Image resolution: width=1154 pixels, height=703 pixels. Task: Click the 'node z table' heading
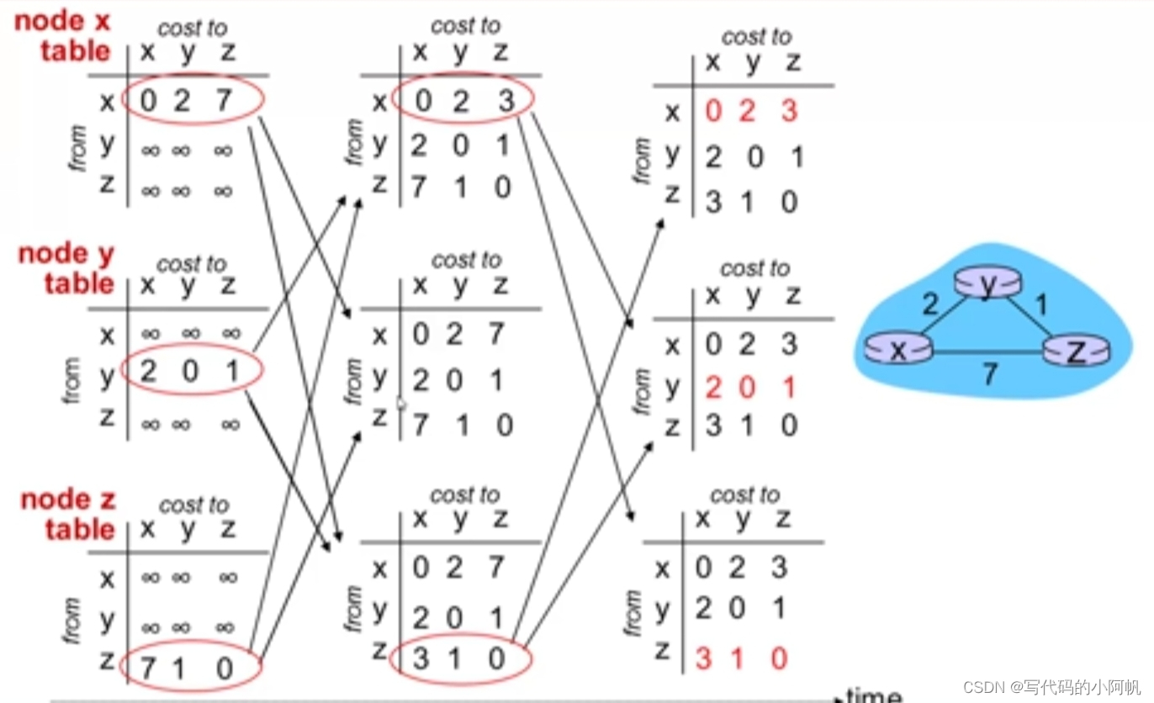tap(67, 514)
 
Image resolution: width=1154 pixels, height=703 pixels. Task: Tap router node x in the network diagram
tap(898, 348)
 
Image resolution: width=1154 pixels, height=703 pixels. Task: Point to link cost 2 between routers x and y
tap(929, 304)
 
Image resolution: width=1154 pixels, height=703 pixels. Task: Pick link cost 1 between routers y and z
tap(1041, 304)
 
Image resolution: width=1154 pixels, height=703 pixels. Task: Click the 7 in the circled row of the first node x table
tap(223, 101)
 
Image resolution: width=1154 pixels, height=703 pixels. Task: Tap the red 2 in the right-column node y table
tap(713, 388)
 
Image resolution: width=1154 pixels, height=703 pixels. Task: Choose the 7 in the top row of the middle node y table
tap(497, 334)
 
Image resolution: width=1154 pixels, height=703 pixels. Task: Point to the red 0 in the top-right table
tap(713, 111)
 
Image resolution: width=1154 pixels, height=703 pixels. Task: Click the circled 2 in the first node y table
tap(149, 371)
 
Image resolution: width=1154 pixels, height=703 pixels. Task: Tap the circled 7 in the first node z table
tap(149, 669)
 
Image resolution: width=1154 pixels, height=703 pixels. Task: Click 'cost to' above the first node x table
tap(193, 28)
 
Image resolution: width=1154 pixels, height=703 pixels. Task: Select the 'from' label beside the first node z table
tap(72, 621)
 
